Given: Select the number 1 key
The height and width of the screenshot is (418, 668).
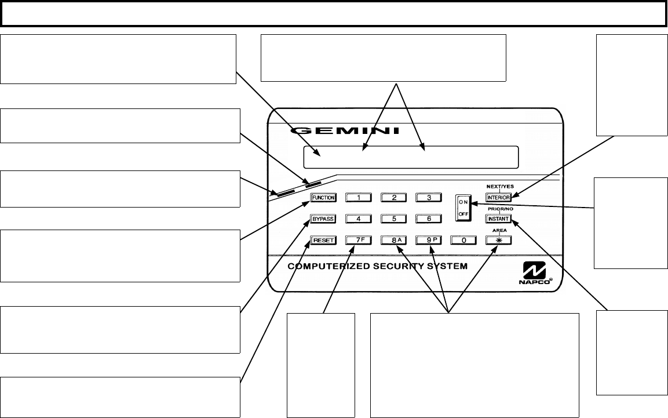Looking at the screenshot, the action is coord(359,198).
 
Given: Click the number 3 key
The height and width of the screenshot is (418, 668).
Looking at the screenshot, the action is coord(429,198).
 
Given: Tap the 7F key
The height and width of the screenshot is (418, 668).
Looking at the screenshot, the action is coord(359,240).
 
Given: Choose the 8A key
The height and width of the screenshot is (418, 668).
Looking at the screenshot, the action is coord(395,240).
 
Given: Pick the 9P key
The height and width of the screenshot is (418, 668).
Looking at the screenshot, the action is coord(429,240).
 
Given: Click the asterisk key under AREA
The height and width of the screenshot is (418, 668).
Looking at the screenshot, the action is coord(498,240).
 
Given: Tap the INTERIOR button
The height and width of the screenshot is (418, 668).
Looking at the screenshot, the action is coord(498,198).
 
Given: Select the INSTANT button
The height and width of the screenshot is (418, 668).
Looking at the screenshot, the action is coord(498,219).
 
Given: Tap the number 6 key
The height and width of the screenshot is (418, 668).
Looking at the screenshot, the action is coord(429,219).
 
